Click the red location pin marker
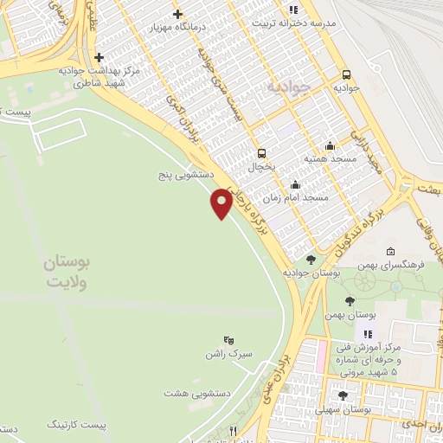pos(221,203)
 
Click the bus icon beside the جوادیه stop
pos(347,74)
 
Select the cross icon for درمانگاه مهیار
pos(177,14)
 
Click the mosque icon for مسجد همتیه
pos(330,145)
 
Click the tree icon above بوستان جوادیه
pos(311,259)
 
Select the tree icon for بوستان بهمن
pos(350,301)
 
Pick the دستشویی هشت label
pos(189,392)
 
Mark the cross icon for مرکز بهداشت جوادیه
pos(100,57)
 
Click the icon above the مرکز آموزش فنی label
pos(368,333)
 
